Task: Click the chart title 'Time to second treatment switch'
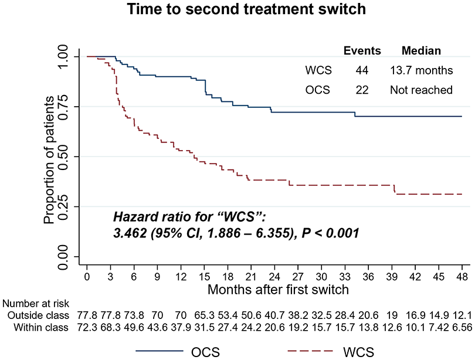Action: pos(246,9)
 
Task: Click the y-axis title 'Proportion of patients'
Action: pos(49,160)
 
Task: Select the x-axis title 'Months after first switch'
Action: pos(278,290)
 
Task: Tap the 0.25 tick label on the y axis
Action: pos(63,206)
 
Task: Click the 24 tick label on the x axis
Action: pos(274,277)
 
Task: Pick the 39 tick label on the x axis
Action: pos(392,277)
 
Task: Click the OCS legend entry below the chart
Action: pos(178,352)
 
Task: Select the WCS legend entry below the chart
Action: pos(331,352)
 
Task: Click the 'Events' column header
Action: pos(362,50)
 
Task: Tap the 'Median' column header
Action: pos(421,50)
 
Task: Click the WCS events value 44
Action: pos(362,70)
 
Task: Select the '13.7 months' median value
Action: pos(422,70)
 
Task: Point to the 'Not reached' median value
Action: pos(422,90)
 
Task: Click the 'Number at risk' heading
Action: pos(36,303)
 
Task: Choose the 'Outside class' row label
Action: pos(38,315)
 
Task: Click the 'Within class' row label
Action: pos(41,327)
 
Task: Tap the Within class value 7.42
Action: pos(439,327)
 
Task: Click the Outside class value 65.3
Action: pos(204,315)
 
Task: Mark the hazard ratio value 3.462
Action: pos(130,233)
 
